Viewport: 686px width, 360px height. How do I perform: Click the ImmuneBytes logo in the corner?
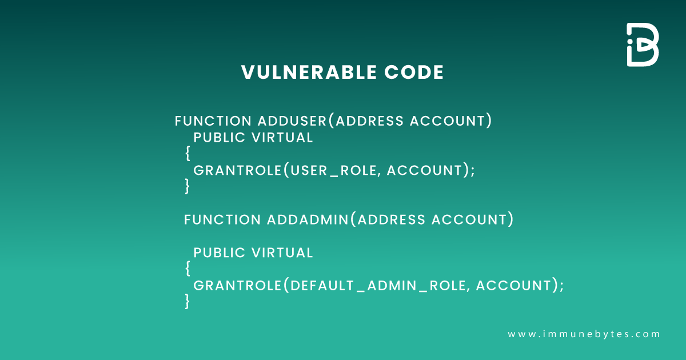point(643,45)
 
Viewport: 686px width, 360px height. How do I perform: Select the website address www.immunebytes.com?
point(584,334)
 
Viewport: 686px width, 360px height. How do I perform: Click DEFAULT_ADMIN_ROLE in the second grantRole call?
point(378,286)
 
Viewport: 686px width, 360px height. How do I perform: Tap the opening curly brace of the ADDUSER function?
point(188,153)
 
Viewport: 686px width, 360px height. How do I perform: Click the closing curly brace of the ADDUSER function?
point(188,186)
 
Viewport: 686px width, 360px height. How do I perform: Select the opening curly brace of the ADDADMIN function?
point(188,267)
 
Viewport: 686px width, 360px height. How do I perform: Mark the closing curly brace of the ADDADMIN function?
point(188,301)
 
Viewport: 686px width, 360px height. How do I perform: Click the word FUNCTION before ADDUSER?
point(213,121)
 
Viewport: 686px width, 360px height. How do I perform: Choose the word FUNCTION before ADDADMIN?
point(222,219)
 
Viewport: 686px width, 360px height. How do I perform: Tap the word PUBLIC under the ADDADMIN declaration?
point(218,253)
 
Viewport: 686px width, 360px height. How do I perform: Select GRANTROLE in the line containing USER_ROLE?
point(237,170)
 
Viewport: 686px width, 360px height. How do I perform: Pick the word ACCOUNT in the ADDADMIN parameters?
point(469,219)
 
